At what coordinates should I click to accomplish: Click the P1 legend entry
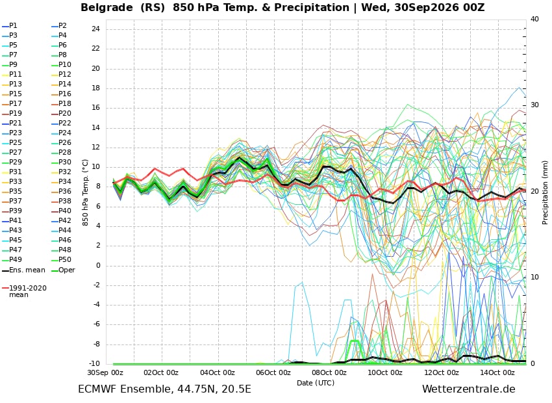click(10, 26)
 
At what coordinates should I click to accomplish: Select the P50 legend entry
click(61, 259)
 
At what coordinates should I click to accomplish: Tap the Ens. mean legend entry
click(23, 270)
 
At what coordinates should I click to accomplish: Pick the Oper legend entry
click(63, 270)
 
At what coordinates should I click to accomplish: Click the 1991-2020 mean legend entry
click(24, 291)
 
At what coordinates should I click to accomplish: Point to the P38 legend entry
click(61, 201)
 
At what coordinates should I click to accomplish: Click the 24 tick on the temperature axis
click(95, 29)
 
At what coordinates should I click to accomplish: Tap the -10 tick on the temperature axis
click(94, 363)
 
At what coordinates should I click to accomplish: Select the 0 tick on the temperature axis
click(98, 265)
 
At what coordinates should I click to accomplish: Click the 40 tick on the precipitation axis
click(534, 19)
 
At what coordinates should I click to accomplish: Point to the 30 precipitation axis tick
click(534, 105)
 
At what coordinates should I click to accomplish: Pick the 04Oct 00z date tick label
click(217, 372)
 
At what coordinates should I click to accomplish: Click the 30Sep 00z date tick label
click(105, 372)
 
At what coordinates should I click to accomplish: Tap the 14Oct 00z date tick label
click(497, 372)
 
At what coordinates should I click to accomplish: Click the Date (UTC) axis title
click(316, 383)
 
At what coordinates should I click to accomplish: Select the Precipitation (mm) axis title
click(545, 192)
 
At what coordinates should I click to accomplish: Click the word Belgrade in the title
click(107, 7)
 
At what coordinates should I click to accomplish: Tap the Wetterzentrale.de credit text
click(469, 389)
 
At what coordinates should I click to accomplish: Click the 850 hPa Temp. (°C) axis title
click(85, 192)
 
